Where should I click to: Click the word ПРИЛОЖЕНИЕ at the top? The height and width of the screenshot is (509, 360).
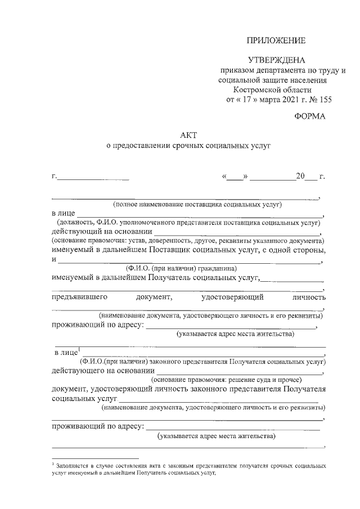276,40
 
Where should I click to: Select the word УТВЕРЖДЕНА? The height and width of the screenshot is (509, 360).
276,60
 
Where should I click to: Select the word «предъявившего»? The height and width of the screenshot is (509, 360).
79,296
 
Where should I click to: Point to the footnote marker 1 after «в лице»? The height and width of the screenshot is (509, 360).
79,350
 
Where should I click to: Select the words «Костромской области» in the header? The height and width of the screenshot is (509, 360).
272,90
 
